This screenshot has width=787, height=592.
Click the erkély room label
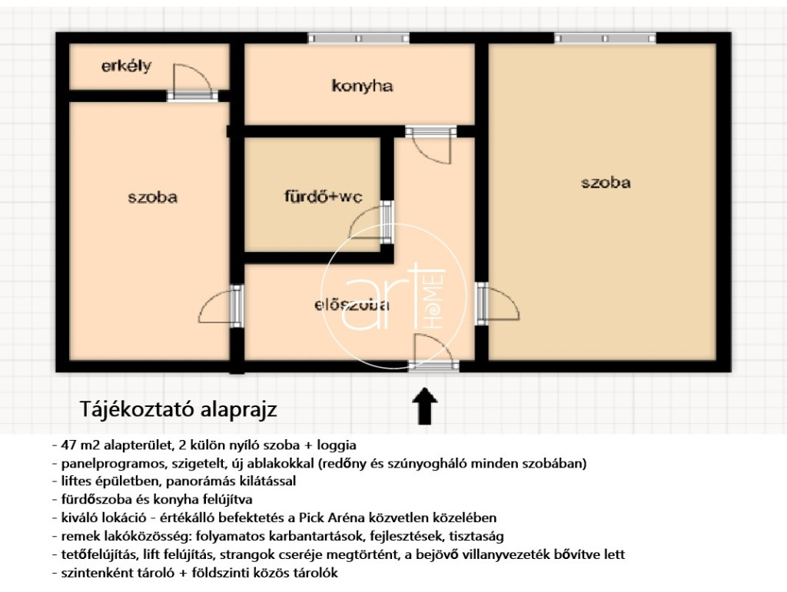[126, 66]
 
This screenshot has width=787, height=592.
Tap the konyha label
[362, 86]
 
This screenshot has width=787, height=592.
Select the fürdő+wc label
[324, 196]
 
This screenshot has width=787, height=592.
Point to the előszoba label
[352, 305]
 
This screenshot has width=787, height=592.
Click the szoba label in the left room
[153, 197]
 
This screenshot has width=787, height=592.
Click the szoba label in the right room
[606, 183]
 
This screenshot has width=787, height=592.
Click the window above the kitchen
[358, 38]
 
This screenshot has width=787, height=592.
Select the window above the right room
[605, 38]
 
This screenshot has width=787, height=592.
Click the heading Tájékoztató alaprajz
[178, 409]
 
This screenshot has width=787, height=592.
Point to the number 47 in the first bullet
[68, 445]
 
